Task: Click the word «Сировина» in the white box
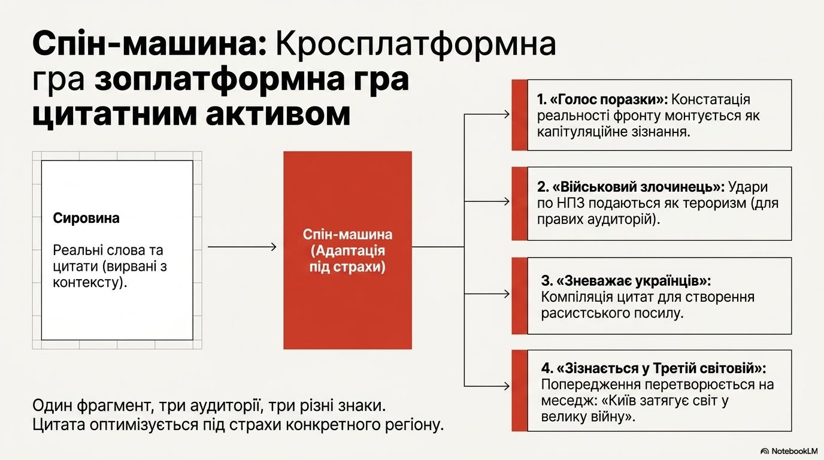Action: tap(86, 219)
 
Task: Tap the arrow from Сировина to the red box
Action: tap(242, 247)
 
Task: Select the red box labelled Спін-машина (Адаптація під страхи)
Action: tap(347, 250)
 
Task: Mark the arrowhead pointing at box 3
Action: tap(507, 294)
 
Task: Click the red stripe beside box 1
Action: tap(519, 114)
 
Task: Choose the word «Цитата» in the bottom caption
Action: tap(56, 425)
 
